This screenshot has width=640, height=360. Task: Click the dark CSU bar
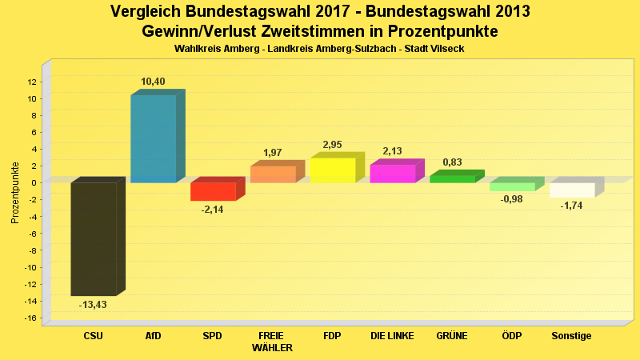(x=94, y=238)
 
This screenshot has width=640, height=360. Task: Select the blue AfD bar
(x=154, y=138)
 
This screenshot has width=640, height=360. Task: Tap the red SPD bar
(x=213, y=191)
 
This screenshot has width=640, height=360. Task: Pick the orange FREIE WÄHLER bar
(x=273, y=174)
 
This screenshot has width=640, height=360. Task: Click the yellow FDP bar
(x=332, y=170)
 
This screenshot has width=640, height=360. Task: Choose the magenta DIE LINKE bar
(x=392, y=174)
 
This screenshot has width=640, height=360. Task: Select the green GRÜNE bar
(x=452, y=178)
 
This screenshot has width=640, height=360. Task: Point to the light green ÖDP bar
(x=512, y=186)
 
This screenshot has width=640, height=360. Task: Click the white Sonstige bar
(x=572, y=190)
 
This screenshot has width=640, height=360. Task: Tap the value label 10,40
(x=153, y=82)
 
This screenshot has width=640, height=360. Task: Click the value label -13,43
(x=93, y=305)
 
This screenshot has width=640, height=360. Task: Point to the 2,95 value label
(x=332, y=145)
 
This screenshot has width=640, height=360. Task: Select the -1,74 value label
(x=571, y=206)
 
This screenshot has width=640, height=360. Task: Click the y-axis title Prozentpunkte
(x=15, y=193)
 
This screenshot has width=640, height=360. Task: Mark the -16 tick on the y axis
(x=31, y=318)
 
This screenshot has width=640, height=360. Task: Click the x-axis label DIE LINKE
(x=392, y=336)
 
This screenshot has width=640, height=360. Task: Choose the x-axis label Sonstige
(x=571, y=336)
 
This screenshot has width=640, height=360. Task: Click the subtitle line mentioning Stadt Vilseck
(x=319, y=49)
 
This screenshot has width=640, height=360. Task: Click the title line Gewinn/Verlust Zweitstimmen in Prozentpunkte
(x=319, y=32)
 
